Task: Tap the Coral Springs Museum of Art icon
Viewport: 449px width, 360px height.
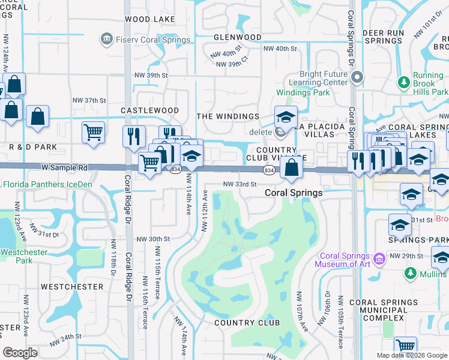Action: [379, 259]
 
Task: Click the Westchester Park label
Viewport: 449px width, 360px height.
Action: [23, 256]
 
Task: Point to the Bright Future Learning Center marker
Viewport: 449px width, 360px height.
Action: [357, 77]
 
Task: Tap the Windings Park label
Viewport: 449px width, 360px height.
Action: [303, 93]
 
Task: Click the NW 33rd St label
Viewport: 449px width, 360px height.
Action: [240, 184]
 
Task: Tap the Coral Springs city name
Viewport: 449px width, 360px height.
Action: [294, 193]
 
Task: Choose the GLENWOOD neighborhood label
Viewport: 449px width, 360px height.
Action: [237, 37]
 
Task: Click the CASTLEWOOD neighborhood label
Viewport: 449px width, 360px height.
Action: [149, 110]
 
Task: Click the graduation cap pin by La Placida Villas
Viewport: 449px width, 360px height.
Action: [286, 117]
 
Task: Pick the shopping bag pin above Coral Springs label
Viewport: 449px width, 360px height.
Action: [291, 167]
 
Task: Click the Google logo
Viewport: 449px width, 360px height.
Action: [20, 353]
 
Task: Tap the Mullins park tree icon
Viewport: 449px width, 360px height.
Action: [411, 274]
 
